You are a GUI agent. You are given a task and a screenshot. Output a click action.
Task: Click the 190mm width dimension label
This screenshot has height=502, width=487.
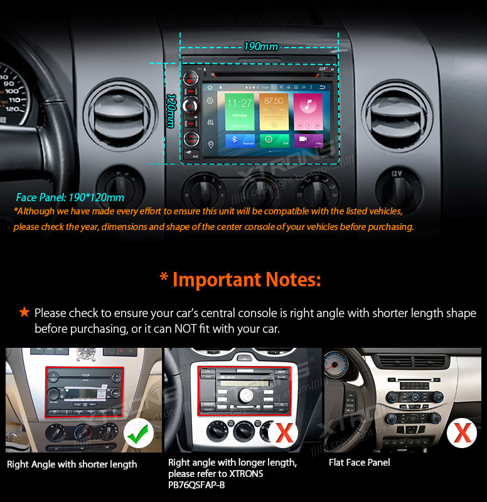click(x=261, y=47)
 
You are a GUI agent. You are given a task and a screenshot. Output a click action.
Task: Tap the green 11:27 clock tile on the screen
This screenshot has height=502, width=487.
click(x=240, y=110)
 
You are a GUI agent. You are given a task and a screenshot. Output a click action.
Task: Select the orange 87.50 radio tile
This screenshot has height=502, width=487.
click(x=274, y=110)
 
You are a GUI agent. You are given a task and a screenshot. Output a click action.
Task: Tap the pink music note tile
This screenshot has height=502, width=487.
click(x=308, y=110)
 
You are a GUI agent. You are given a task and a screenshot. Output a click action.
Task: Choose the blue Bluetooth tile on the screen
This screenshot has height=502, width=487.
click(x=239, y=140)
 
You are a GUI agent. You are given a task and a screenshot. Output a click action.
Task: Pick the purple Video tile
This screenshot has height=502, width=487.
click(x=308, y=140)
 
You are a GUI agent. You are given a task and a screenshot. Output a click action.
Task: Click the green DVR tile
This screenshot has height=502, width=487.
click(x=274, y=140)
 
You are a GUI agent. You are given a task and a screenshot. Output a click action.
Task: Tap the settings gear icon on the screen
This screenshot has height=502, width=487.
click(x=211, y=100)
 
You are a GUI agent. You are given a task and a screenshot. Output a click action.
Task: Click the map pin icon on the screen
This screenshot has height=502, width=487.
click(x=211, y=145)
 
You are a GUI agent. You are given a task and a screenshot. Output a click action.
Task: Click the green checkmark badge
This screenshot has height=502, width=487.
click(x=139, y=433)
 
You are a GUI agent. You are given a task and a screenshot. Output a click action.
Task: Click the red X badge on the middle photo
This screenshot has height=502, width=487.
click(x=284, y=433)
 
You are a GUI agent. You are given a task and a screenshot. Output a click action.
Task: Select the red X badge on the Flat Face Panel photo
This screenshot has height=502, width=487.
click(x=463, y=433)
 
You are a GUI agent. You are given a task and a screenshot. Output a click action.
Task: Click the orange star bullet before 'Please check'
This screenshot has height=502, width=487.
click(x=24, y=312)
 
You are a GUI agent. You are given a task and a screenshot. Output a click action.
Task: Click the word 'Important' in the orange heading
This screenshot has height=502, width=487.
click(x=213, y=280)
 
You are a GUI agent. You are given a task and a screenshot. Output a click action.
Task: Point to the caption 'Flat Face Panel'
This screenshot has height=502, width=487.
click(x=359, y=463)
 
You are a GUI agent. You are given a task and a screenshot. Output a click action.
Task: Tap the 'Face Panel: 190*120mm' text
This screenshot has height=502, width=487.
click(x=70, y=197)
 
